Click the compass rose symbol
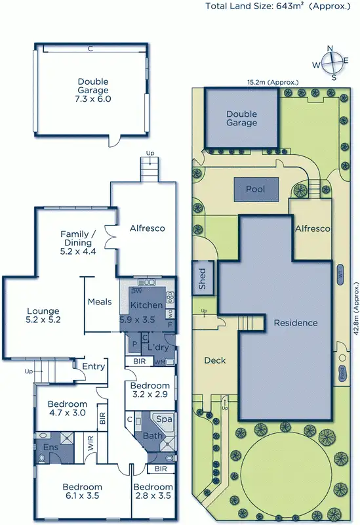pos(333,63)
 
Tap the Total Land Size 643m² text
pos(282,7)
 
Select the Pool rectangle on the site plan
pos(256,189)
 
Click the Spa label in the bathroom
pos(163,418)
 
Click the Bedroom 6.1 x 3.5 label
pos(82,492)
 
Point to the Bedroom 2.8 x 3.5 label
pos(153,492)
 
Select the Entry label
pos(94,366)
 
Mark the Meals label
pos(100,302)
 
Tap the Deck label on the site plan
pos(215,360)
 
